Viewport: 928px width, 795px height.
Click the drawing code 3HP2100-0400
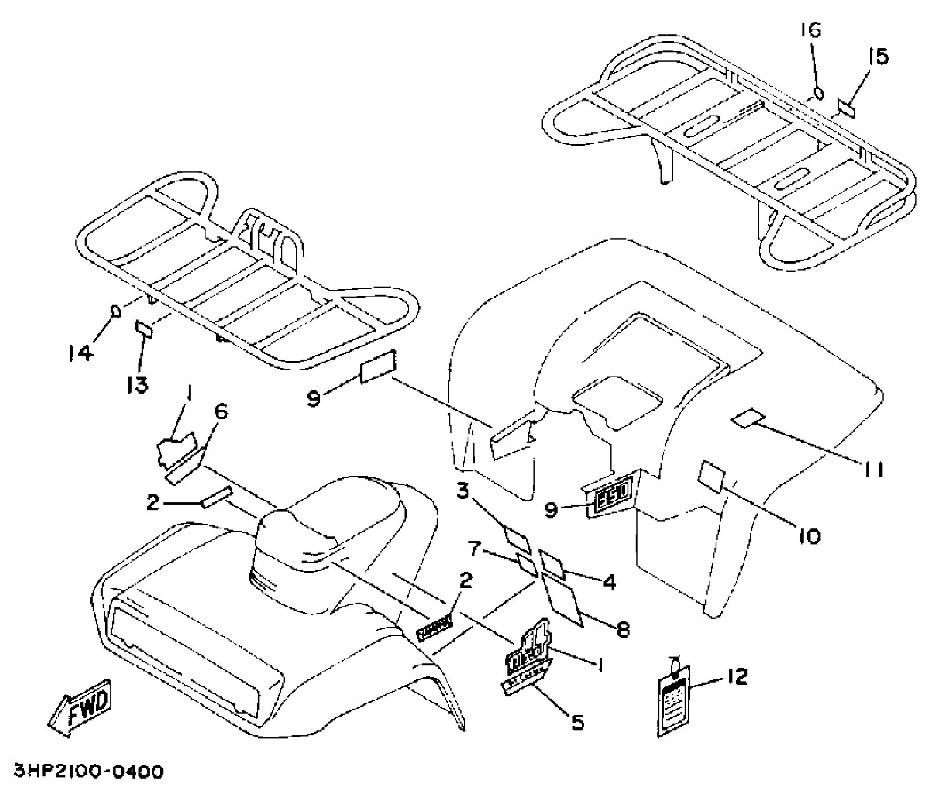89,772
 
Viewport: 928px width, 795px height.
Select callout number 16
810,30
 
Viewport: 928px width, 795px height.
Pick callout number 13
138,384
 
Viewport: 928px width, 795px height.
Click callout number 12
738,677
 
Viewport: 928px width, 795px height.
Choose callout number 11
873,469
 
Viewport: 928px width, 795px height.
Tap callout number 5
578,723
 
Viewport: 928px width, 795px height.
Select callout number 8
623,630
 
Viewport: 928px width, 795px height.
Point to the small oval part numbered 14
115,311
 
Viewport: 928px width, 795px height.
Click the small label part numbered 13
143,329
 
